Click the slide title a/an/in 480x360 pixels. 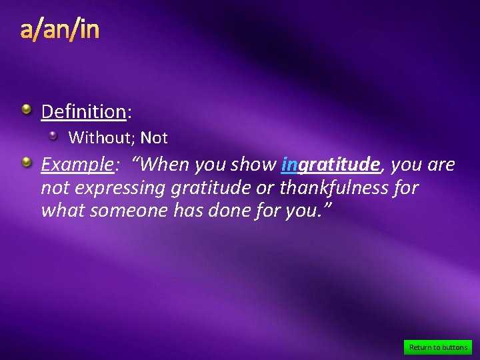[59, 30]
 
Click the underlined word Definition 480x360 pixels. [83, 111]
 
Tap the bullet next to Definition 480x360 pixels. [25, 109]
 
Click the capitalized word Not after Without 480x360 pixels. [154, 138]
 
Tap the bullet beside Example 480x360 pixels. [25, 162]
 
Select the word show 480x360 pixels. [254, 165]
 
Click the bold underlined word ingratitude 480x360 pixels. [331, 165]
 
